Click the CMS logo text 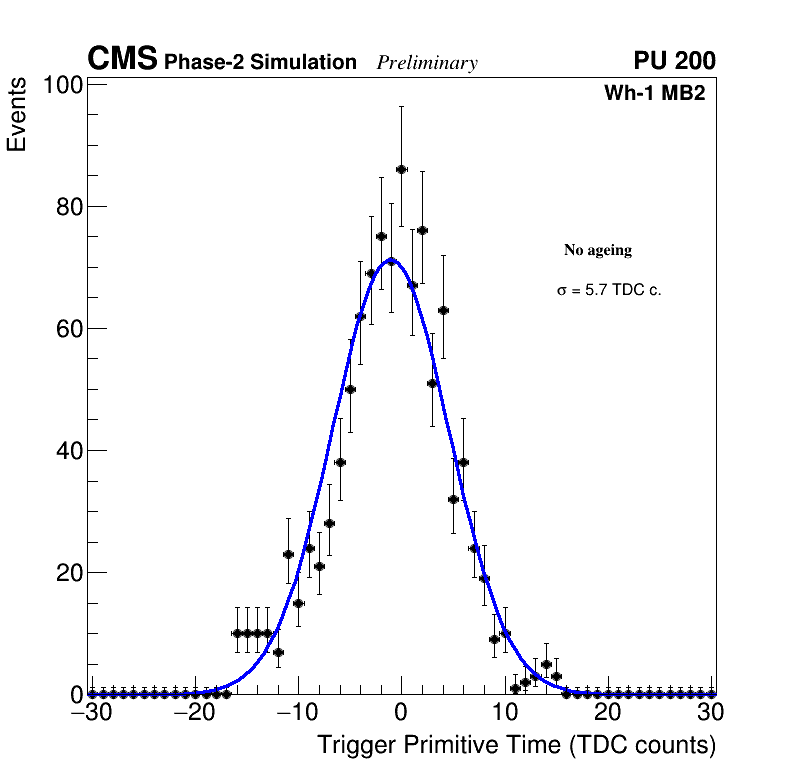coord(122,60)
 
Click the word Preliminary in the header coord(427,63)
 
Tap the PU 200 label coord(674,61)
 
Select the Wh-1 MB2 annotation coord(655,94)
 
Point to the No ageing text coord(598,250)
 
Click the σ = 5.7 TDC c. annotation coord(609,290)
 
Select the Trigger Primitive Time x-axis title coord(516,745)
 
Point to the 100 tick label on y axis coord(62,86)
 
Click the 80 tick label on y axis coord(67,208)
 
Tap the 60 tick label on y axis coord(67,330)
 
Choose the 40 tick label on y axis coord(67,451)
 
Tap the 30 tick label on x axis coord(711,713)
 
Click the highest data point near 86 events coord(401,170)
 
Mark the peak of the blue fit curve coord(391,260)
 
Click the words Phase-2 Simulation coord(260,63)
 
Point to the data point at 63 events coord(443,310)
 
